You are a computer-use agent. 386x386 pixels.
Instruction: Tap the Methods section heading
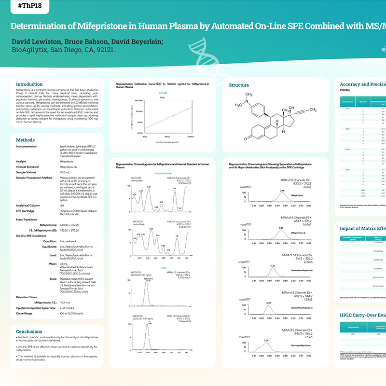pos(25,140)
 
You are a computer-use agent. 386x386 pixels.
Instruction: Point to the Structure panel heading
pos(239,85)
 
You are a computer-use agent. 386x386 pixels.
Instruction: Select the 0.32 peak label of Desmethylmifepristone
pos(273,266)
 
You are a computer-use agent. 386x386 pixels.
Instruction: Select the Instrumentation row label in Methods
pos(29,146)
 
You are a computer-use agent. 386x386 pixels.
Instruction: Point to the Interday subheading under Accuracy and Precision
pos(345,90)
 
